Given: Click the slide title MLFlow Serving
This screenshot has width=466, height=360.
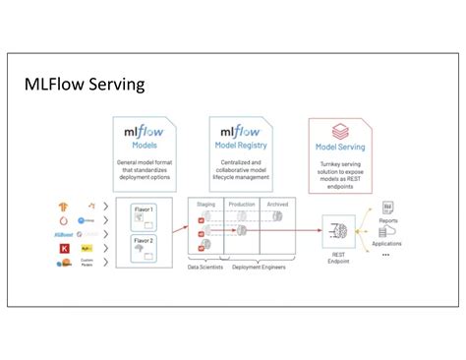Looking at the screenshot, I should pos(85,85).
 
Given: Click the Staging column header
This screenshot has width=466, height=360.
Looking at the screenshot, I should pos(205,204).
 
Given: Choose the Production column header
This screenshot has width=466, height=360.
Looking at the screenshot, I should pos(241,204).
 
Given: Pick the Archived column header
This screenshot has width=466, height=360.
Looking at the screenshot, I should pos(278,204).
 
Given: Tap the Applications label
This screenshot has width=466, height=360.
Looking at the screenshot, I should pos(386,243).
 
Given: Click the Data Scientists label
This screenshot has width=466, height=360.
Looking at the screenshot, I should pos(205,268).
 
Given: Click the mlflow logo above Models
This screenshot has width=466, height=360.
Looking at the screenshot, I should pos(144,131).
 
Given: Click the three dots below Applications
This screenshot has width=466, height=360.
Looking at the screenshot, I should pos(385,254).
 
